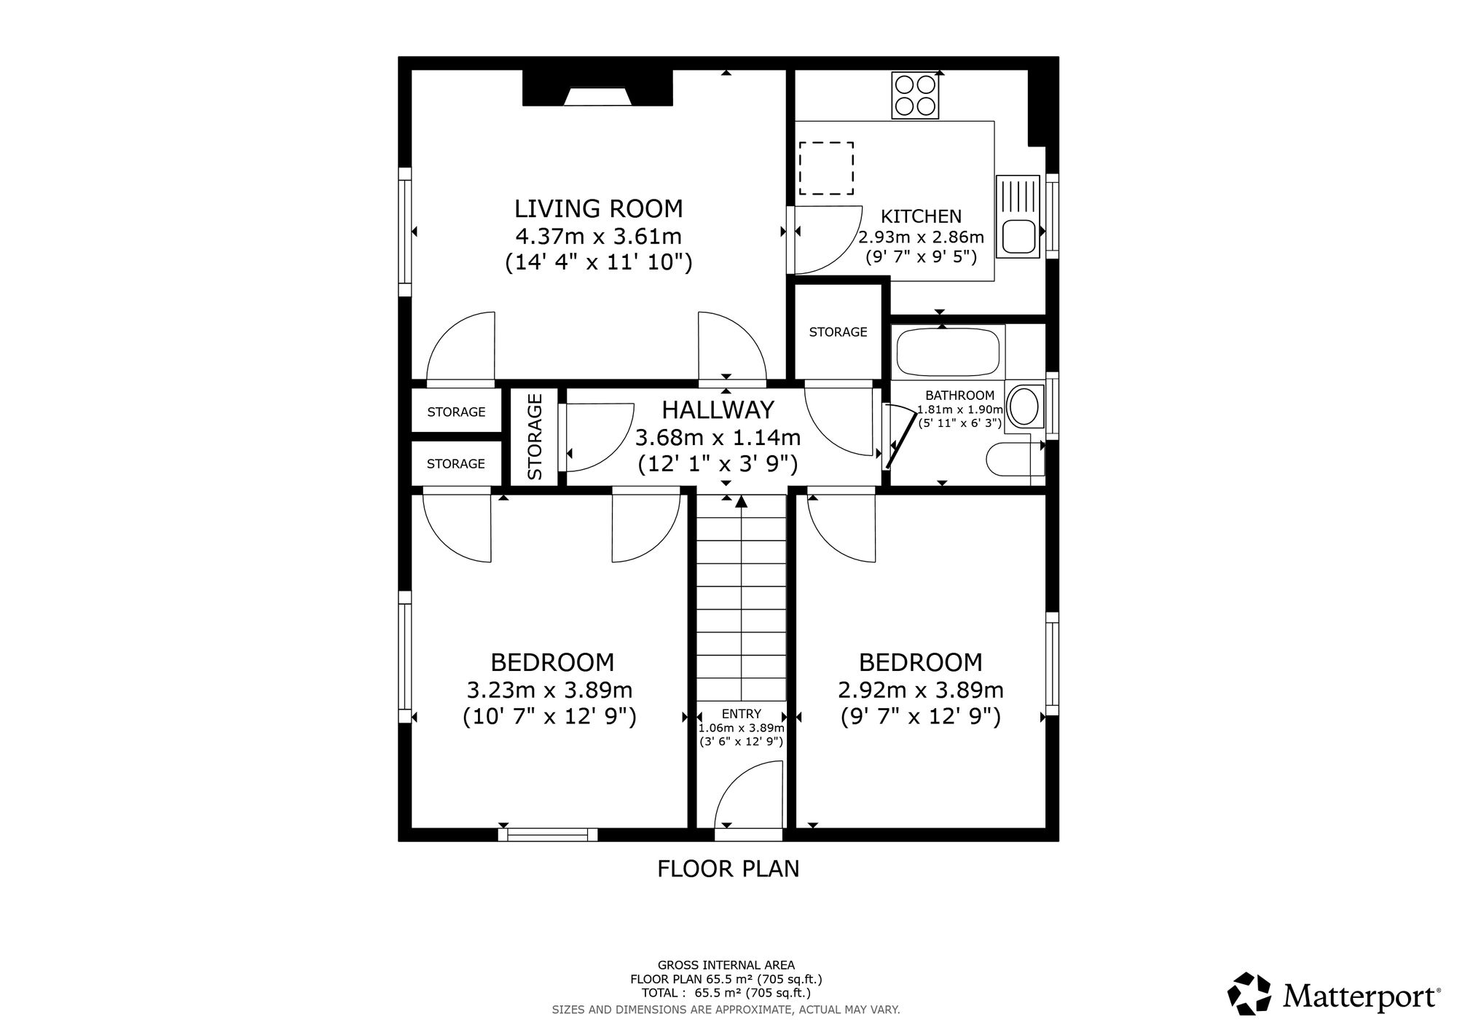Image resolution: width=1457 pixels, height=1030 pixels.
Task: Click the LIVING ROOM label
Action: pyautogui.click(x=599, y=209)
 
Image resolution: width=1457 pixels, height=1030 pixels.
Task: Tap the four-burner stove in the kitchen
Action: pyautogui.click(x=916, y=95)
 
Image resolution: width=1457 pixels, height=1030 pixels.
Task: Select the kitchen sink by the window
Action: pyautogui.click(x=1019, y=217)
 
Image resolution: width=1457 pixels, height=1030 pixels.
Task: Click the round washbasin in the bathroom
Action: pyautogui.click(x=1025, y=406)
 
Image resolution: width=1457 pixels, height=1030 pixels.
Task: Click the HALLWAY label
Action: pyautogui.click(x=718, y=410)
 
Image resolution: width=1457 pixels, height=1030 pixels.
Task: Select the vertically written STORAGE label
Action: pyautogui.click(x=535, y=437)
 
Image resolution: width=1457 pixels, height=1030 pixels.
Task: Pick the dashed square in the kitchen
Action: pyautogui.click(x=826, y=168)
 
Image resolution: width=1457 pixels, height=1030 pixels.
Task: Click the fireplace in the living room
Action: pyautogui.click(x=597, y=88)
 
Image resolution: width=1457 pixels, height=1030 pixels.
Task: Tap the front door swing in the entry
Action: pyautogui.click(x=749, y=795)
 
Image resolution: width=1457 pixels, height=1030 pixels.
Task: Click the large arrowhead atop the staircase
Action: pyautogui.click(x=742, y=500)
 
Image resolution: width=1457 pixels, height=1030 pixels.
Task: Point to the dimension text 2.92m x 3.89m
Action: pyautogui.click(x=921, y=690)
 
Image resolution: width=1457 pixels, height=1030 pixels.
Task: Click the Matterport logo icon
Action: pyautogui.click(x=1249, y=993)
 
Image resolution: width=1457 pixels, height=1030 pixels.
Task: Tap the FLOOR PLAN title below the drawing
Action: pyautogui.click(x=728, y=869)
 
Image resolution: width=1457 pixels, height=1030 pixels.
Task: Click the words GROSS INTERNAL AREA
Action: pyautogui.click(x=726, y=966)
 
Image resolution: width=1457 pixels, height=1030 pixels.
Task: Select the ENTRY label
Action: pyautogui.click(x=742, y=714)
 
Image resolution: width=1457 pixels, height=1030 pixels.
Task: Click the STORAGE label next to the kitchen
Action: pyautogui.click(x=838, y=332)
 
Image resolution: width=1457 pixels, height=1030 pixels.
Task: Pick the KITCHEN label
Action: pyautogui.click(x=922, y=216)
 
